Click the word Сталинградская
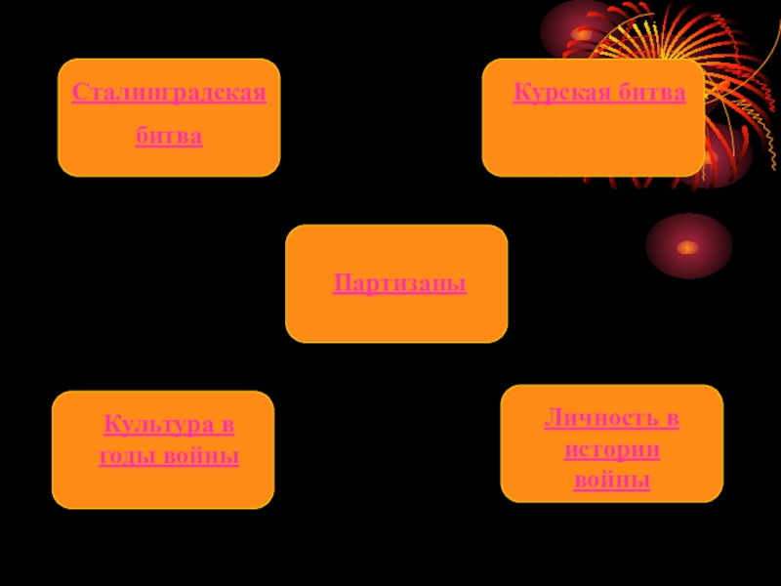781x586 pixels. click(169, 95)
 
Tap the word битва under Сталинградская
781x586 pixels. click(169, 136)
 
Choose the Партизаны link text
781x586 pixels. click(399, 284)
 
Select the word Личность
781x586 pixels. click(599, 419)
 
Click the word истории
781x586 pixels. click(612, 450)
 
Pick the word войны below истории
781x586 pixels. click(612, 481)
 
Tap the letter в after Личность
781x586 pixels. click(673, 419)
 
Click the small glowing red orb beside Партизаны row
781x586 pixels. click(688, 246)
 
